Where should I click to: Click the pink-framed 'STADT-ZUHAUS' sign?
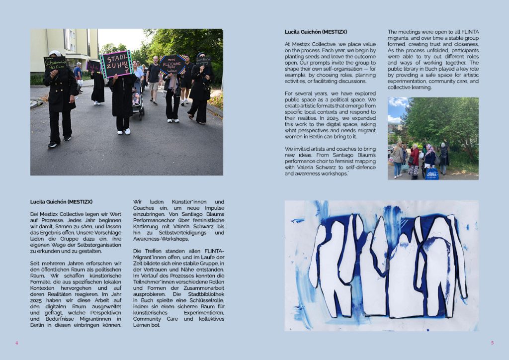pyautogui.click(x=117, y=64)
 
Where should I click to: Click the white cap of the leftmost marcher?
pyautogui.click(x=55, y=53)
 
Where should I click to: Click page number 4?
pyautogui.click(x=16, y=343)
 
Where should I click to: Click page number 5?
pyautogui.click(x=492, y=343)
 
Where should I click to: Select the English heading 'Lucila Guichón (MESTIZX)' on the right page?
pyautogui.click(x=316, y=32)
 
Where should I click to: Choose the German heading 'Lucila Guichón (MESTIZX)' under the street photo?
pyautogui.click(x=61, y=201)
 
